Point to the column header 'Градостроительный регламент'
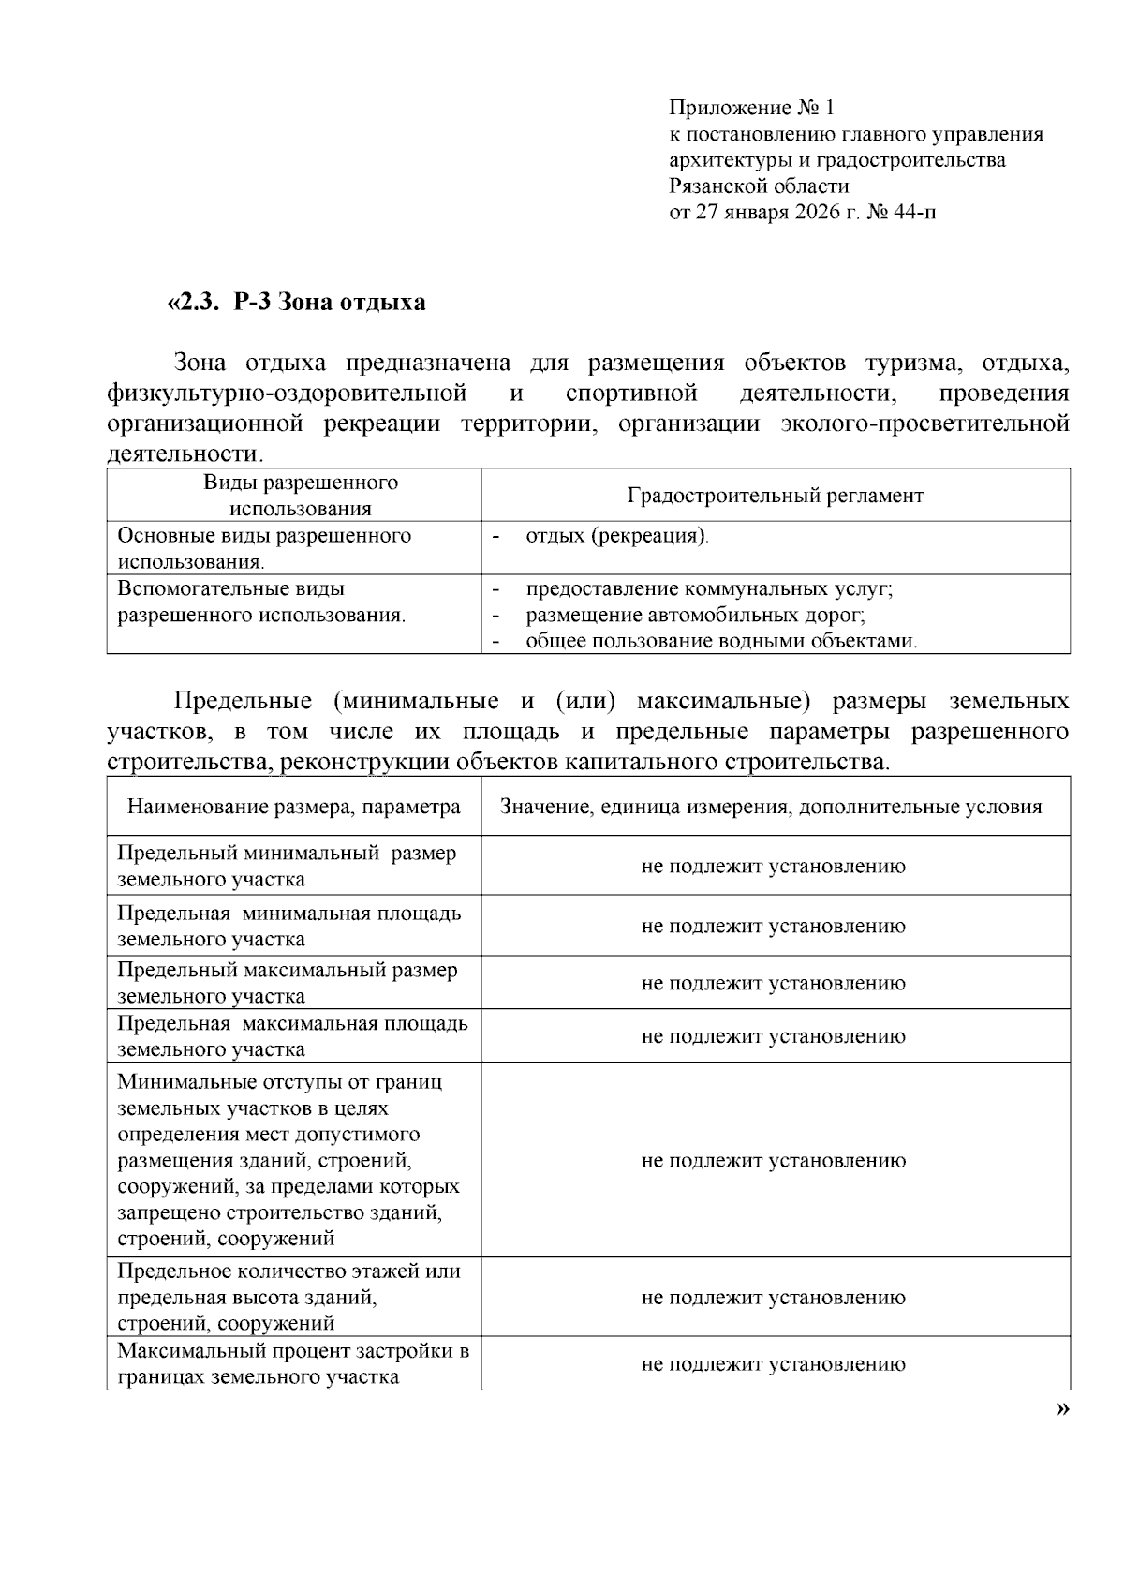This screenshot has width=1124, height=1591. [x=775, y=495]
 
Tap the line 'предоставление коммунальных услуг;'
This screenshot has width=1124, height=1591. [x=709, y=588]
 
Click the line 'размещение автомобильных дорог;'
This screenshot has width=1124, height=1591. [x=695, y=615]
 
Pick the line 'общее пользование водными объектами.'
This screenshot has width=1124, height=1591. [x=721, y=641]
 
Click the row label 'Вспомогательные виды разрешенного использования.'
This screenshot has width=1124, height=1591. [x=261, y=602]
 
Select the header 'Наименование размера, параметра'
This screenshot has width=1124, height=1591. [x=294, y=807]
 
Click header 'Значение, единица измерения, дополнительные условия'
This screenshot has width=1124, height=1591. [x=771, y=807]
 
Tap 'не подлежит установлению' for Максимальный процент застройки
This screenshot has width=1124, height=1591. [x=773, y=1364]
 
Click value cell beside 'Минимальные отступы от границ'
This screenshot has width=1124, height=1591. [x=773, y=1161]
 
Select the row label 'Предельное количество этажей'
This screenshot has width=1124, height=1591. [x=288, y=1297]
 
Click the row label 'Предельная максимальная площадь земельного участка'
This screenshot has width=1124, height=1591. [x=291, y=1036]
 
